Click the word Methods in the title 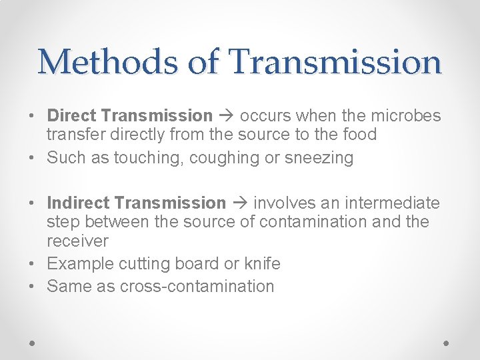(x=106, y=62)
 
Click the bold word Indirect (x=80, y=203)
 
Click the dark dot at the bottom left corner (x=33, y=342)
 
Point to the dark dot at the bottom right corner (x=447, y=342)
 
